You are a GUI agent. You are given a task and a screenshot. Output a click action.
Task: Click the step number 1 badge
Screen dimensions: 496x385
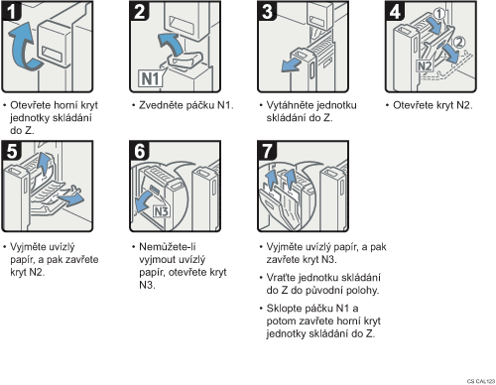point(12,11)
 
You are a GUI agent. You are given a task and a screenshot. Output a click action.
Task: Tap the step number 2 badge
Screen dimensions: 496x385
point(139,11)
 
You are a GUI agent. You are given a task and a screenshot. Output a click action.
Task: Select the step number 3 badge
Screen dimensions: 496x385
point(267,11)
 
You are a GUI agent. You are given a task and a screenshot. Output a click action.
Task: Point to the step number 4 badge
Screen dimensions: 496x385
point(395,11)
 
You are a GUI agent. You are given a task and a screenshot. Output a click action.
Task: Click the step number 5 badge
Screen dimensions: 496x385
point(12,151)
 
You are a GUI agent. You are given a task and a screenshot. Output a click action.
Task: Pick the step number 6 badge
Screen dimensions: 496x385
point(139,151)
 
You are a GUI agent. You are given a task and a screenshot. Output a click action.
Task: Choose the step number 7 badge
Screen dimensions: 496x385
point(267,151)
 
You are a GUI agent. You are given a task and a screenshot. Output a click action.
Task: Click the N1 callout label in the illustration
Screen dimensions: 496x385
point(151,78)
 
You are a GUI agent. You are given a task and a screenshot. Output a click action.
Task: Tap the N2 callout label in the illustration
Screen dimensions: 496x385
point(425,65)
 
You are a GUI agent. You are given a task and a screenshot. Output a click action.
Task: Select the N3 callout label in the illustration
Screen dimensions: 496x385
point(162,211)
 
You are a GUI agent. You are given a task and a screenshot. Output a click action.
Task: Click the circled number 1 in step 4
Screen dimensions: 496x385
point(439,14)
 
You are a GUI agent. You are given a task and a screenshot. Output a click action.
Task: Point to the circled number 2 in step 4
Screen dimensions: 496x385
point(459,43)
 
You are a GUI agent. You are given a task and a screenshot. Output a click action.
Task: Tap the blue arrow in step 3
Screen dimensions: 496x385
point(292,64)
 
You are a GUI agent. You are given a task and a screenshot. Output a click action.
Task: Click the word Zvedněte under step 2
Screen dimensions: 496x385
point(161,105)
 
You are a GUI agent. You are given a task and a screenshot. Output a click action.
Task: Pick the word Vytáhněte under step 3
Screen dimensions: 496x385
point(289,105)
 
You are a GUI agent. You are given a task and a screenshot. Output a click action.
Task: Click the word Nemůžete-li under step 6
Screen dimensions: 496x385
point(168,247)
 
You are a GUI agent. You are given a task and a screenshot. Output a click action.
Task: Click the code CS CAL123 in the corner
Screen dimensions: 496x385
point(481,381)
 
